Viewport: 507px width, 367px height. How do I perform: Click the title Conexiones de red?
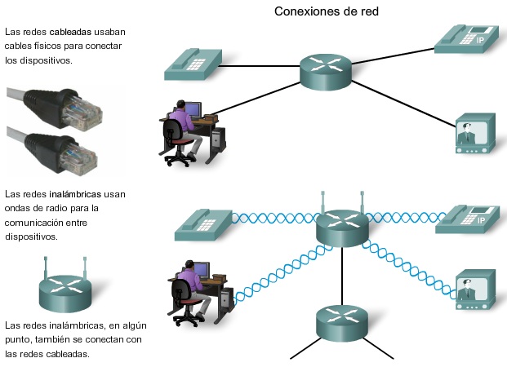click(326, 11)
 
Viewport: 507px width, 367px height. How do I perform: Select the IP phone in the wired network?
click(466, 36)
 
